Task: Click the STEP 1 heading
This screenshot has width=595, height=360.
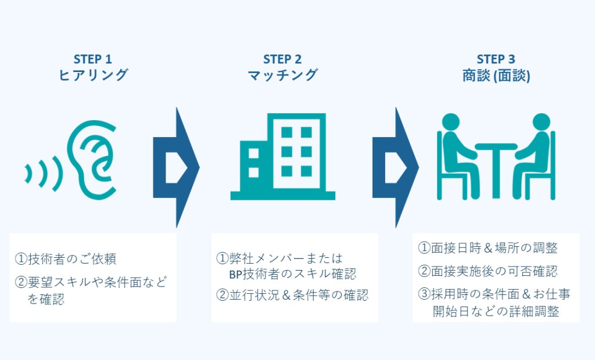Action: [x=92, y=59]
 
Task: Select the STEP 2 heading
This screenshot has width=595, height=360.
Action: [x=282, y=59]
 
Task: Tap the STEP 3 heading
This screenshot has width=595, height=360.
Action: [x=496, y=59]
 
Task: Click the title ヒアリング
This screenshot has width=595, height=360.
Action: [x=93, y=75]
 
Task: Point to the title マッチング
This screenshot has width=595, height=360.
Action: [x=282, y=75]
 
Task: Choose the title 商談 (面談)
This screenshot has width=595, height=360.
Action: [x=496, y=75]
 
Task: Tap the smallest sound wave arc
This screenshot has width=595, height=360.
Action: [x=28, y=174]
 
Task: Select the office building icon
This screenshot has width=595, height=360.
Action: [x=283, y=156]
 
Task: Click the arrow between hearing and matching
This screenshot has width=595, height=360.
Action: [x=176, y=167]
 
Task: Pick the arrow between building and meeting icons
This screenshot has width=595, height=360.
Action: [x=395, y=167]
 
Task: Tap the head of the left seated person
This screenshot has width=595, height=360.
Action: [x=451, y=122]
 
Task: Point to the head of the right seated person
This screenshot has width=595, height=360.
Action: [x=541, y=122]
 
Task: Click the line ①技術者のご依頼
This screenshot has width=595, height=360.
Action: [x=65, y=259]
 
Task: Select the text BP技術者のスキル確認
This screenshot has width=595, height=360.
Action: [x=293, y=274]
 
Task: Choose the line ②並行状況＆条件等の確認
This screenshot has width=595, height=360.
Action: [x=292, y=295]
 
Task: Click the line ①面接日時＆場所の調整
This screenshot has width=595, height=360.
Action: [x=488, y=248]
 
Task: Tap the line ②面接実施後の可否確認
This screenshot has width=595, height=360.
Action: [x=488, y=271]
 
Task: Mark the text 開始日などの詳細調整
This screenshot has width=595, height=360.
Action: [x=496, y=311]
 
